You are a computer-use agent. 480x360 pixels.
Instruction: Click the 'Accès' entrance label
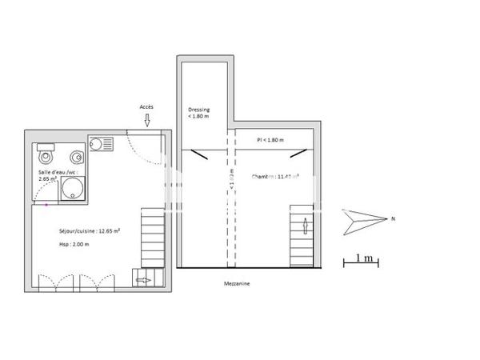click(146, 106)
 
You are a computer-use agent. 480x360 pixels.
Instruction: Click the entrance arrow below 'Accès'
click(147, 120)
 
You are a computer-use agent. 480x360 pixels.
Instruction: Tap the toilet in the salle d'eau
click(45, 154)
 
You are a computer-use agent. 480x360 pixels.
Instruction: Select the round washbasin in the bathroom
click(77, 156)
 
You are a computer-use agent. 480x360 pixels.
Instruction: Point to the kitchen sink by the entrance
click(102, 144)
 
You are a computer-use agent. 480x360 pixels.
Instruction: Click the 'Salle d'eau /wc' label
click(56, 175)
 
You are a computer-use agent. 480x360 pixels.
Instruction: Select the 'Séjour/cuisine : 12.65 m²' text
click(89, 230)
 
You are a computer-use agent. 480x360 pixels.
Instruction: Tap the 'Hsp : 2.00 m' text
click(74, 246)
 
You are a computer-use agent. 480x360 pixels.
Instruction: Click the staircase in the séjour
click(152, 236)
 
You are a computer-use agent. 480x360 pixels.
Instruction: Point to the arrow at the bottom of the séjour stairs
click(143, 280)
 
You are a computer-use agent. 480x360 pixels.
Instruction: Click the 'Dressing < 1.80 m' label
click(198, 113)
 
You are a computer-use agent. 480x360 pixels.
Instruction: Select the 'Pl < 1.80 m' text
click(271, 140)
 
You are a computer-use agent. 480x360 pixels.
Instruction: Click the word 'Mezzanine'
click(238, 282)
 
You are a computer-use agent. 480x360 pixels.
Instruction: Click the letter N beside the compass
click(392, 218)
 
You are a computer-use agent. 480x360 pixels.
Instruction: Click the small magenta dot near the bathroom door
click(46, 205)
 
